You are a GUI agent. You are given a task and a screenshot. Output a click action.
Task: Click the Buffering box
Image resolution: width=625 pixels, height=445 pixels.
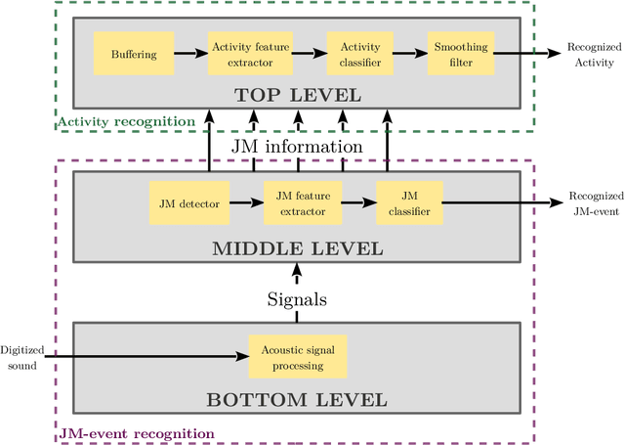point(133,54)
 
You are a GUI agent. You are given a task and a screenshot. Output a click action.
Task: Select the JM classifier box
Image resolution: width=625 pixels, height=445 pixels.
point(408,204)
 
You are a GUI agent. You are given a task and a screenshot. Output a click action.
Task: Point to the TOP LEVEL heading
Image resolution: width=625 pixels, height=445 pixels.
point(297,96)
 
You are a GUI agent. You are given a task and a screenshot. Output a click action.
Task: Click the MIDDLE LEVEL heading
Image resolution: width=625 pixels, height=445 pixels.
point(297,247)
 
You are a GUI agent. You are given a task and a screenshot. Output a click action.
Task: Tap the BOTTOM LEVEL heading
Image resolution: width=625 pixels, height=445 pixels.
point(297,399)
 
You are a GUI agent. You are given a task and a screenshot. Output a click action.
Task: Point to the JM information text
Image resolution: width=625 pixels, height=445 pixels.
point(297,147)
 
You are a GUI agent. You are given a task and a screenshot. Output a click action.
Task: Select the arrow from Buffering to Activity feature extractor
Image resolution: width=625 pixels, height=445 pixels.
point(190,54)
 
